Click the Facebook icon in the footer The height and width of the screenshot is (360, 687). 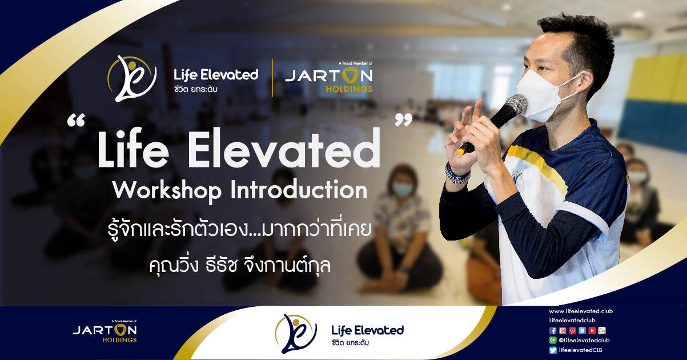(553, 330)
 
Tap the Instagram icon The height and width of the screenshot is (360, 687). (563, 330)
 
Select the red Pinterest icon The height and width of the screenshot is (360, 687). (572, 330)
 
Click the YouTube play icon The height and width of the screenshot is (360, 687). (592, 330)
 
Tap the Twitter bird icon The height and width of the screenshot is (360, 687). (553, 350)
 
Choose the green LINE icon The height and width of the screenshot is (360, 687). (553, 340)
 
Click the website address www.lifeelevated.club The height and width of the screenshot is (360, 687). (581, 311)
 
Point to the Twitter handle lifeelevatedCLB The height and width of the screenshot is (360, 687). (580, 350)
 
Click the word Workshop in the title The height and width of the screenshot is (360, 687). (167, 191)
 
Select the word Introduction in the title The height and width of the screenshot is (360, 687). (299, 190)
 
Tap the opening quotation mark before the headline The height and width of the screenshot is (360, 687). (76, 120)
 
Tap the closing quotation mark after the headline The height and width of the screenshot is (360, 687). (403, 120)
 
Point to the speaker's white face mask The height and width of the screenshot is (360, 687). (543, 95)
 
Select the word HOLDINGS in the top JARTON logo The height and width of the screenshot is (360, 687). (349, 89)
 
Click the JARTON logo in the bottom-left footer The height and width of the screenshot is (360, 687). (105, 331)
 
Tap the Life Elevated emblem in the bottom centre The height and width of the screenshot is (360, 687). (296, 334)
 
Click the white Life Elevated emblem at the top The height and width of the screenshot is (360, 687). (132, 79)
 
